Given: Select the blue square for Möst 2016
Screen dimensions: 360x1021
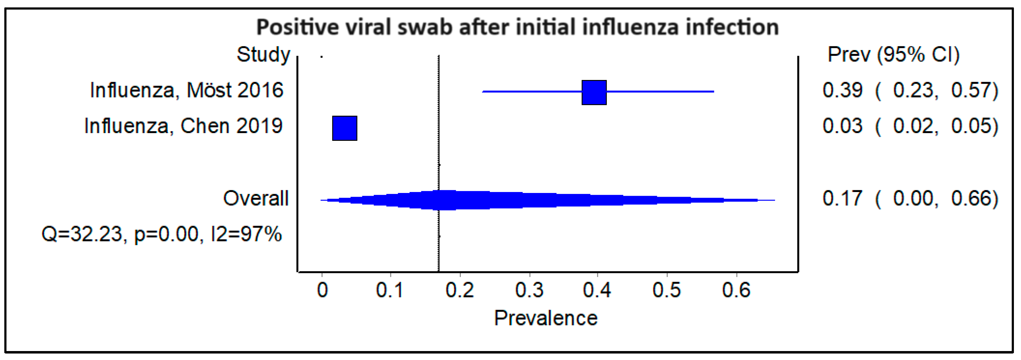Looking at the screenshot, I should (x=594, y=92).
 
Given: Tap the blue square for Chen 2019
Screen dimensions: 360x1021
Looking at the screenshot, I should (x=344, y=128).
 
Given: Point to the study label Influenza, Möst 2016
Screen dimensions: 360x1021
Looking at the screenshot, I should (x=186, y=90).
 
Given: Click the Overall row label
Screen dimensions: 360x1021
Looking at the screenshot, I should (x=256, y=198).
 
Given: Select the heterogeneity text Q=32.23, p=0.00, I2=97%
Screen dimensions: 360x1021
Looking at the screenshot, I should (x=161, y=234).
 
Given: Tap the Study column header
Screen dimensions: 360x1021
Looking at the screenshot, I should (x=263, y=54).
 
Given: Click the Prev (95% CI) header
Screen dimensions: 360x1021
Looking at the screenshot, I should (x=893, y=54).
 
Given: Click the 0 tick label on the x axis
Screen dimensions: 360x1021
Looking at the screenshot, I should (x=322, y=290).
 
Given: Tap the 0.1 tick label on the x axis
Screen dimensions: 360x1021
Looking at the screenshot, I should (x=390, y=290).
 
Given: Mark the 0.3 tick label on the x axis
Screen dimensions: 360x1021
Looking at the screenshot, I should (x=529, y=290).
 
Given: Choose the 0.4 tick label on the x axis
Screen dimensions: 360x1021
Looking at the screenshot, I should (x=597, y=290).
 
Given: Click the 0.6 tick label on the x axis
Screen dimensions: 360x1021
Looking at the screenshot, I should (x=736, y=290).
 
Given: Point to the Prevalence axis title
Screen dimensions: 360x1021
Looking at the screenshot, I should (x=545, y=318).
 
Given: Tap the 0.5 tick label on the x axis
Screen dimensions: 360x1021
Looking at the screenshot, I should (x=666, y=290).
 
